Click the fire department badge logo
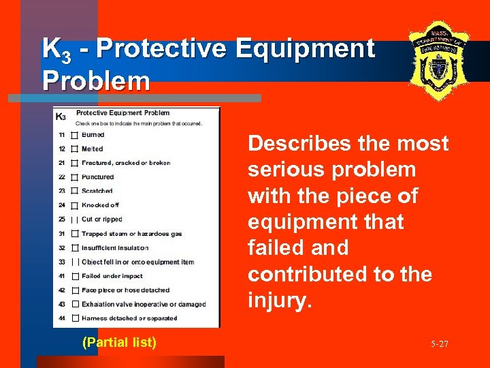[440, 60]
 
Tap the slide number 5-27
[439, 344]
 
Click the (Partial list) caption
[119, 342]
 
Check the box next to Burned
[75, 135]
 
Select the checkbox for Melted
[75, 149]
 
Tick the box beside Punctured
[75, 177]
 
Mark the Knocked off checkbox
[75, 205]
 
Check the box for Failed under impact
[75, 276]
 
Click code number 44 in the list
[61, 318]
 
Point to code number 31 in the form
[61, 234]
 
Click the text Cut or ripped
[101, 219]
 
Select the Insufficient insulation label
[114, 247]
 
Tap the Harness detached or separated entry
[129, 318]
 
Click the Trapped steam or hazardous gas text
[131, 234]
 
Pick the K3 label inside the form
[60, 117]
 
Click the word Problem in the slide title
[96, 80]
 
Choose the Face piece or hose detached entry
[126, 290]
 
